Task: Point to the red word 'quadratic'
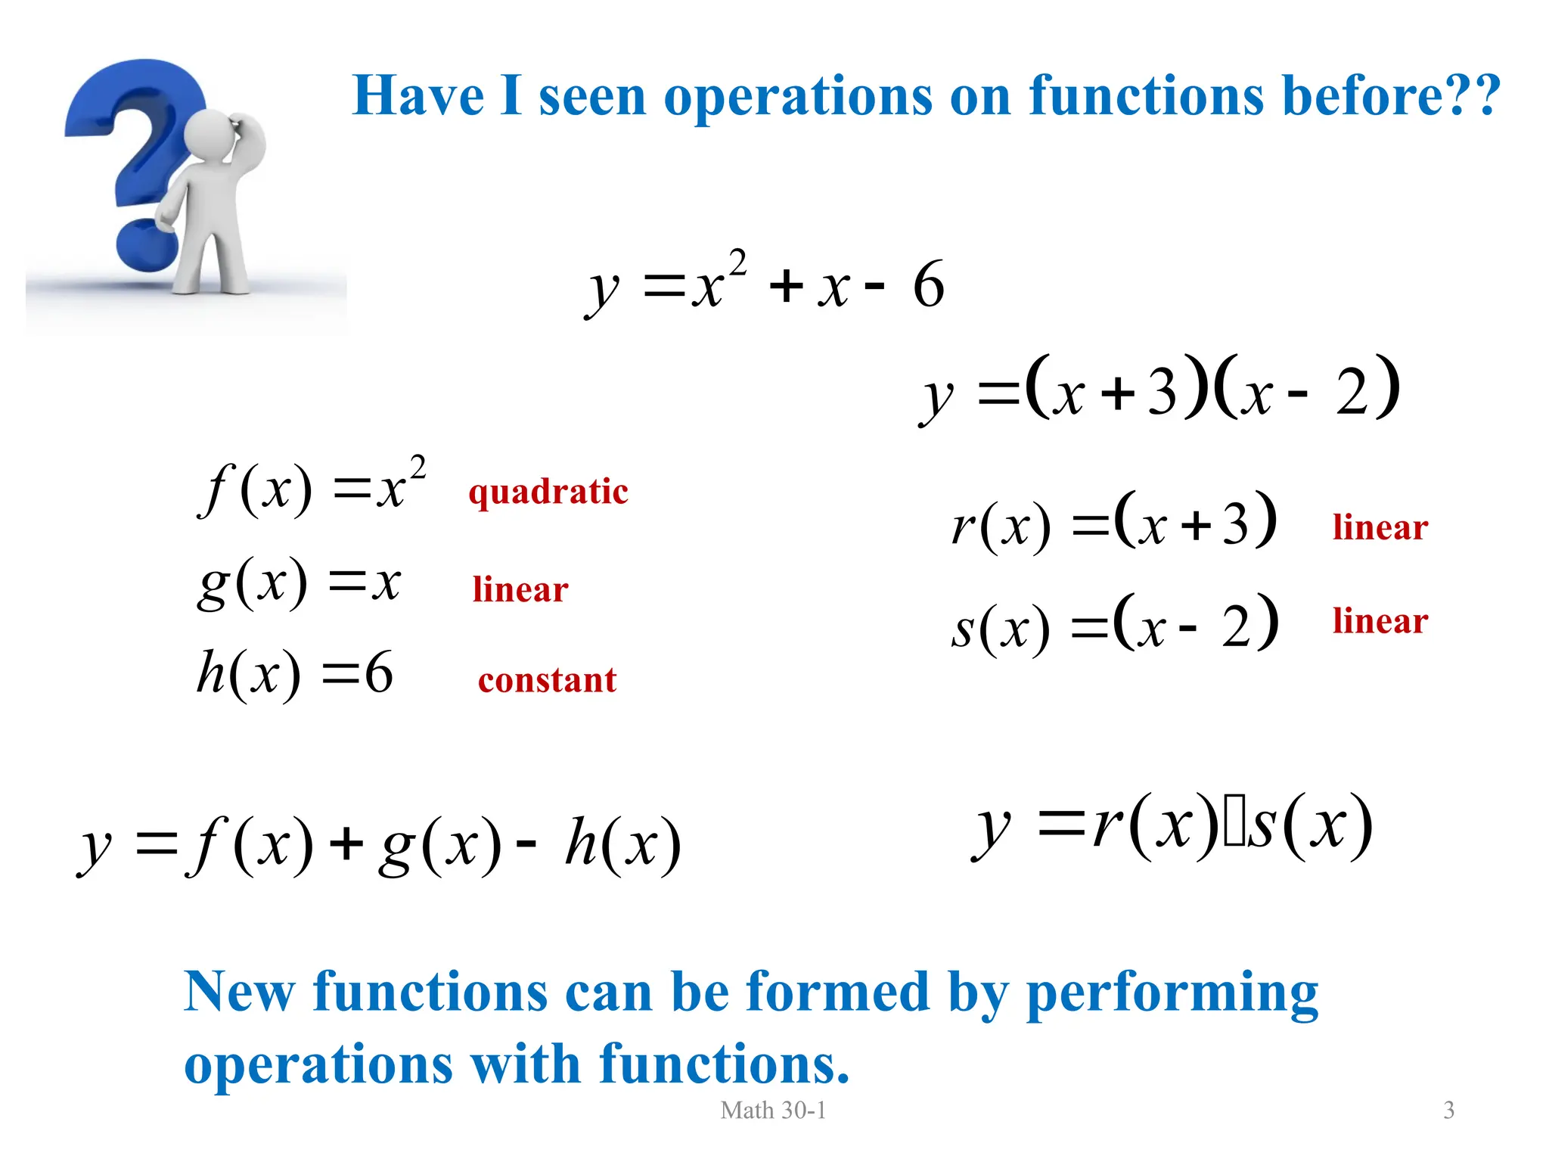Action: point(548,492)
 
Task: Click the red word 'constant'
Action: point(547,680)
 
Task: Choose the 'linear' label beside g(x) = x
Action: point(520,589)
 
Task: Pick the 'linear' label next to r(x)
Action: point(1380,527)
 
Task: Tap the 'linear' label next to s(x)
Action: point(1380,621)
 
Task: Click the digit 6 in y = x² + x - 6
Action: point(929,285)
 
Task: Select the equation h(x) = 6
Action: point(295,673)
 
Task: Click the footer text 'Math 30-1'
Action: point(773,1110)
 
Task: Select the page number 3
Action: point(1448,1110)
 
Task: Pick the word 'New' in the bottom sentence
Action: point(239,992)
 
